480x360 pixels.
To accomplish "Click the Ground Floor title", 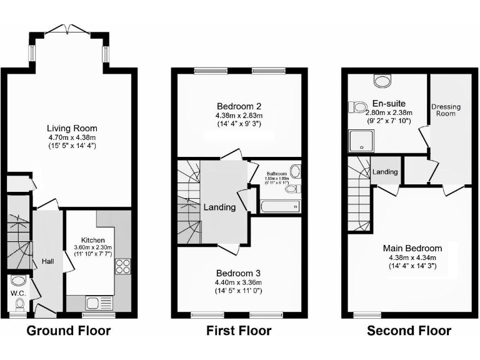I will pyautogui.click(x=68, y=331).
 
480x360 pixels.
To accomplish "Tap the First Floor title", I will pyautogui.click(x=239, y=331).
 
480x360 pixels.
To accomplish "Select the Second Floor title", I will pyautogui.click(x=409, y=331).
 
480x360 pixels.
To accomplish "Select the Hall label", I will pyautogui.click(x=48, y=261).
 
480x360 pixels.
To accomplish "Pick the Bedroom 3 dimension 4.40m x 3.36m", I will pyautogui.click(x=239, y=283).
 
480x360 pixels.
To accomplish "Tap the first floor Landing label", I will pyautogui.click(x=219, y=207).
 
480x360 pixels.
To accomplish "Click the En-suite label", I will pyautogui.click(x=389, y=103).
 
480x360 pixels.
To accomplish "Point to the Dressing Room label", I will pyautogui.click(x=446, y=110).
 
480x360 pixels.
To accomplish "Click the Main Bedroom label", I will pyautogui.click(x=412, y=247).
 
